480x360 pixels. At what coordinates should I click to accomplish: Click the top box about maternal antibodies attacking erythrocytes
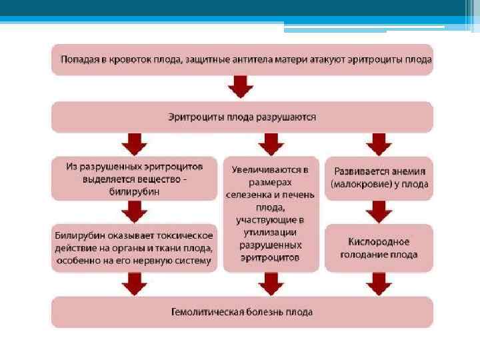(x=242, y=59)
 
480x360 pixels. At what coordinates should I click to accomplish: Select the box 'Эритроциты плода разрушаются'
(x=242, y=117)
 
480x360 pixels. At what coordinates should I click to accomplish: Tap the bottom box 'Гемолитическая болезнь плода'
(x=242, y=311)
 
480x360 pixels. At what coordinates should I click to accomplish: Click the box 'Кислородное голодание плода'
(x=379, y=247)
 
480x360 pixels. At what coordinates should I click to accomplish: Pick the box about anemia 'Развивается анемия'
(x=379, y=177)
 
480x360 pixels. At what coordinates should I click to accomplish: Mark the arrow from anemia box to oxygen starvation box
(x=379, y=212)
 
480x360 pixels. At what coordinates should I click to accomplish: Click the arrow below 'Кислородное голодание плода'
(x=379, y=283)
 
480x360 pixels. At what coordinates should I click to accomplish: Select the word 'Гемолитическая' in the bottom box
(x=203, y=311)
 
